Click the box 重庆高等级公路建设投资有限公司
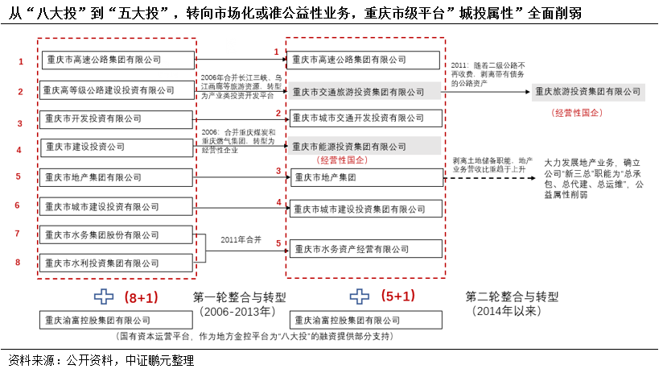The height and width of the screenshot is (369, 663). tap(116, 90)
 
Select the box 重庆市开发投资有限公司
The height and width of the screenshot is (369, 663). tap(116, 121)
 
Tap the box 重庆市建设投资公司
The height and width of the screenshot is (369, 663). tap(116, 147)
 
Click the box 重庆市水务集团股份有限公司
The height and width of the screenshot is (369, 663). tap(116, 235)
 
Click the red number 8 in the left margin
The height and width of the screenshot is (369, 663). tap(18, 262)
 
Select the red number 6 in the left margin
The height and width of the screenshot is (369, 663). tap(18, 205)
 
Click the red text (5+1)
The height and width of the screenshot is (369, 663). tap(397, 296)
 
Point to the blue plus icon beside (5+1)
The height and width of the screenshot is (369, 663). tap(359, 296)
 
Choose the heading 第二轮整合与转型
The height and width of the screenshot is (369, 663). tap(512, 296)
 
